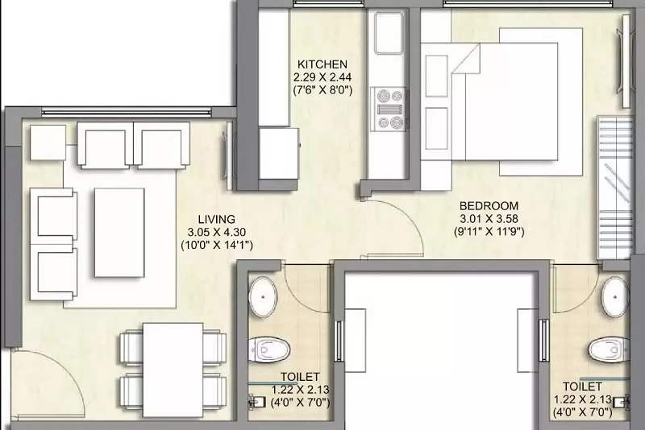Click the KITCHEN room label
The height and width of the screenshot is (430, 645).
tap(322, 64)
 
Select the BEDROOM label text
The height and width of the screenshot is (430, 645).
tap(489, 206)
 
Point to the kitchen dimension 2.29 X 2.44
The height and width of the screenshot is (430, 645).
tap(322, 77)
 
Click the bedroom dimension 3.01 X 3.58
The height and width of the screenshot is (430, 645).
tap(489, 218)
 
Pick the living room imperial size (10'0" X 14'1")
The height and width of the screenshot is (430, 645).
tap(217, 245)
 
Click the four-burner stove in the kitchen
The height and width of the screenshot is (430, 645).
tap(388, 109)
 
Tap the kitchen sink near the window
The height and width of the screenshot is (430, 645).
tap(388, 33)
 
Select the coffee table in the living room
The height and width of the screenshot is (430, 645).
tap(119, 233)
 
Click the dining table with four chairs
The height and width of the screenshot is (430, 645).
tap(173, 370)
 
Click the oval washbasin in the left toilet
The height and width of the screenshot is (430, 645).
tap(264, 297)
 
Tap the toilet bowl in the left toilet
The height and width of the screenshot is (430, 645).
tap(269, 350)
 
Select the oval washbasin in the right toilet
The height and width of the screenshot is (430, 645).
tap(614, 296)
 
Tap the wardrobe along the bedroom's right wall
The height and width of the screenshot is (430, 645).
tap(614, 188)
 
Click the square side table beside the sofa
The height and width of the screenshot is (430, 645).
tap(48, 143)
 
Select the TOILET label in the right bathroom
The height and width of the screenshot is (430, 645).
tap(582, 387)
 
